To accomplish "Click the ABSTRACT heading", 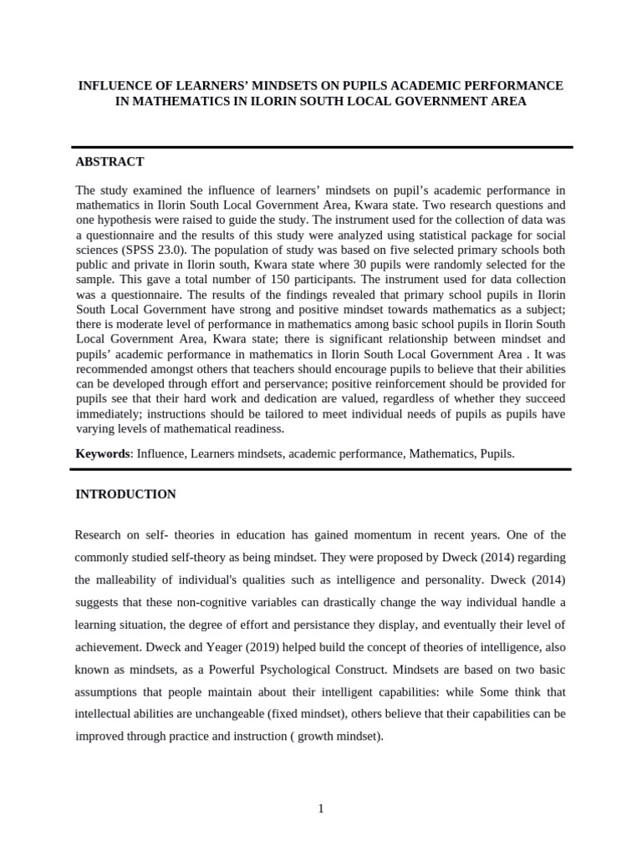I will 110,162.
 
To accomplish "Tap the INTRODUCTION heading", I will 125,494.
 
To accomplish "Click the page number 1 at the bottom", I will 320,808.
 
